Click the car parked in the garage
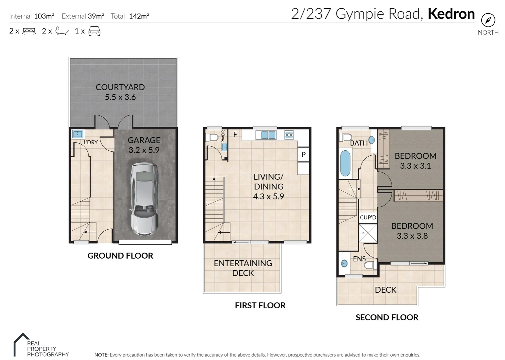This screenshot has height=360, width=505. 144,199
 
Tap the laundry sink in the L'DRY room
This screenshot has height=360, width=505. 77,134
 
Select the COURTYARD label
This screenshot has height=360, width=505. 120,87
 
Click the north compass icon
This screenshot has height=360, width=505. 488,20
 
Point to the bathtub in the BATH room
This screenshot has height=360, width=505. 346,163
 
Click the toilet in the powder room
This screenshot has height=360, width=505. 212,137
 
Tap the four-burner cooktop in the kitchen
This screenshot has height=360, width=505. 289,135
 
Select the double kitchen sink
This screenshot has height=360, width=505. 268,135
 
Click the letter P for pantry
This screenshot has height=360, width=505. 304,155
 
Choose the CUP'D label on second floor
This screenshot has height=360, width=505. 368,217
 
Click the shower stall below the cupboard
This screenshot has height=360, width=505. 368,233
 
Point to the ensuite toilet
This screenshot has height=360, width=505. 370,265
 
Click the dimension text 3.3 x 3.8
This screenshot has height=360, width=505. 412,236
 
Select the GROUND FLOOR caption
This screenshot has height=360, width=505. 120,256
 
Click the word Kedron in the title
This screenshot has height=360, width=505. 451,14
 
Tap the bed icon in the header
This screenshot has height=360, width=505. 29,31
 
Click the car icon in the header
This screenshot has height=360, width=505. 94,31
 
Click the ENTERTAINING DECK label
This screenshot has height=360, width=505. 243,268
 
